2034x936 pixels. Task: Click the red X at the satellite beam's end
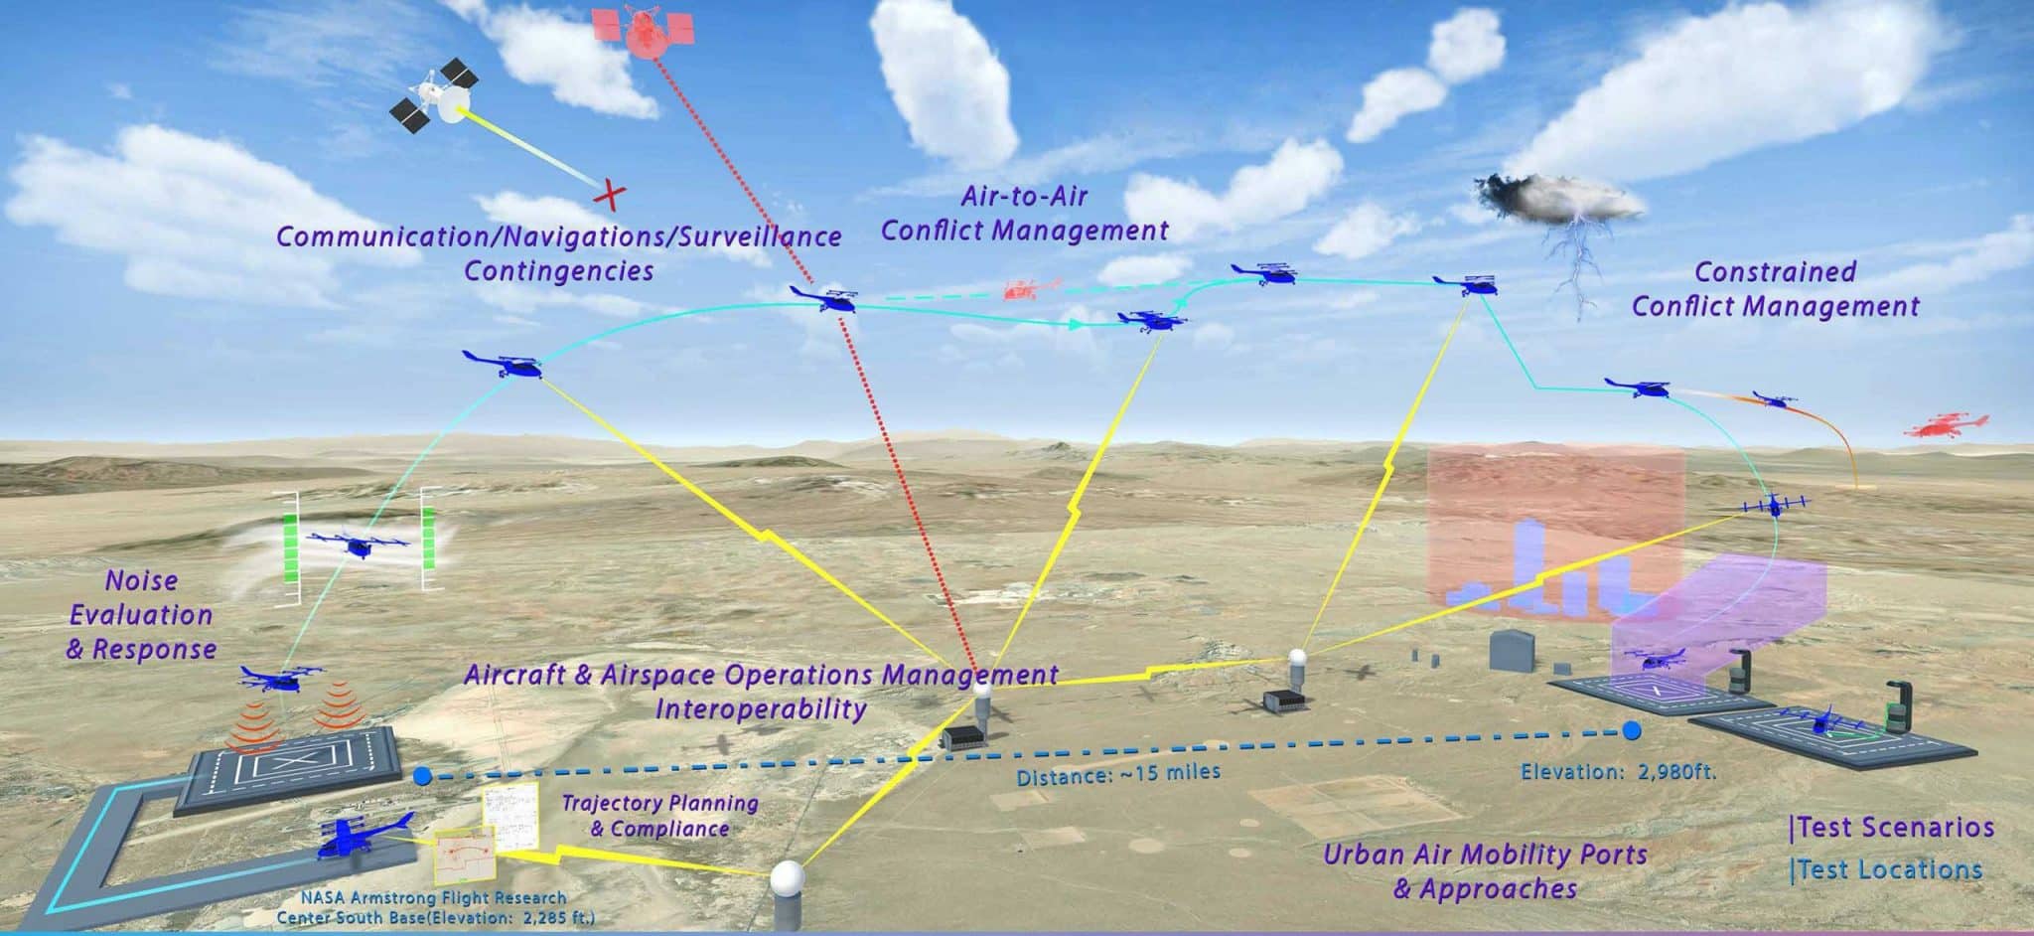point(610,195)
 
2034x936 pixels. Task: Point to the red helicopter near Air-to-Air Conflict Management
point(1030,289)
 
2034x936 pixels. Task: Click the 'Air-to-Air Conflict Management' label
point(1025,213)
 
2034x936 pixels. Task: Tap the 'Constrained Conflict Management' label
point(1775,288)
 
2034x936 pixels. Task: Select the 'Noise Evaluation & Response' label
point(141,615)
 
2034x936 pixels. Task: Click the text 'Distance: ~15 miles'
point(1118,772)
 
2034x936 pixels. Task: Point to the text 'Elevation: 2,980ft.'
point(1619,771)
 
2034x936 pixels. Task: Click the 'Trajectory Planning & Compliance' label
point(660,815)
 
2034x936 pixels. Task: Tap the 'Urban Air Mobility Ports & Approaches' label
point(1485,870)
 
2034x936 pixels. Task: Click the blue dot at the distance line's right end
point(1630,731)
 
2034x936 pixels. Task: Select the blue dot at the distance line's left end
point(421,776)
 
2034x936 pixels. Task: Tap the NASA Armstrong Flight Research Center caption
point(436,907)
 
